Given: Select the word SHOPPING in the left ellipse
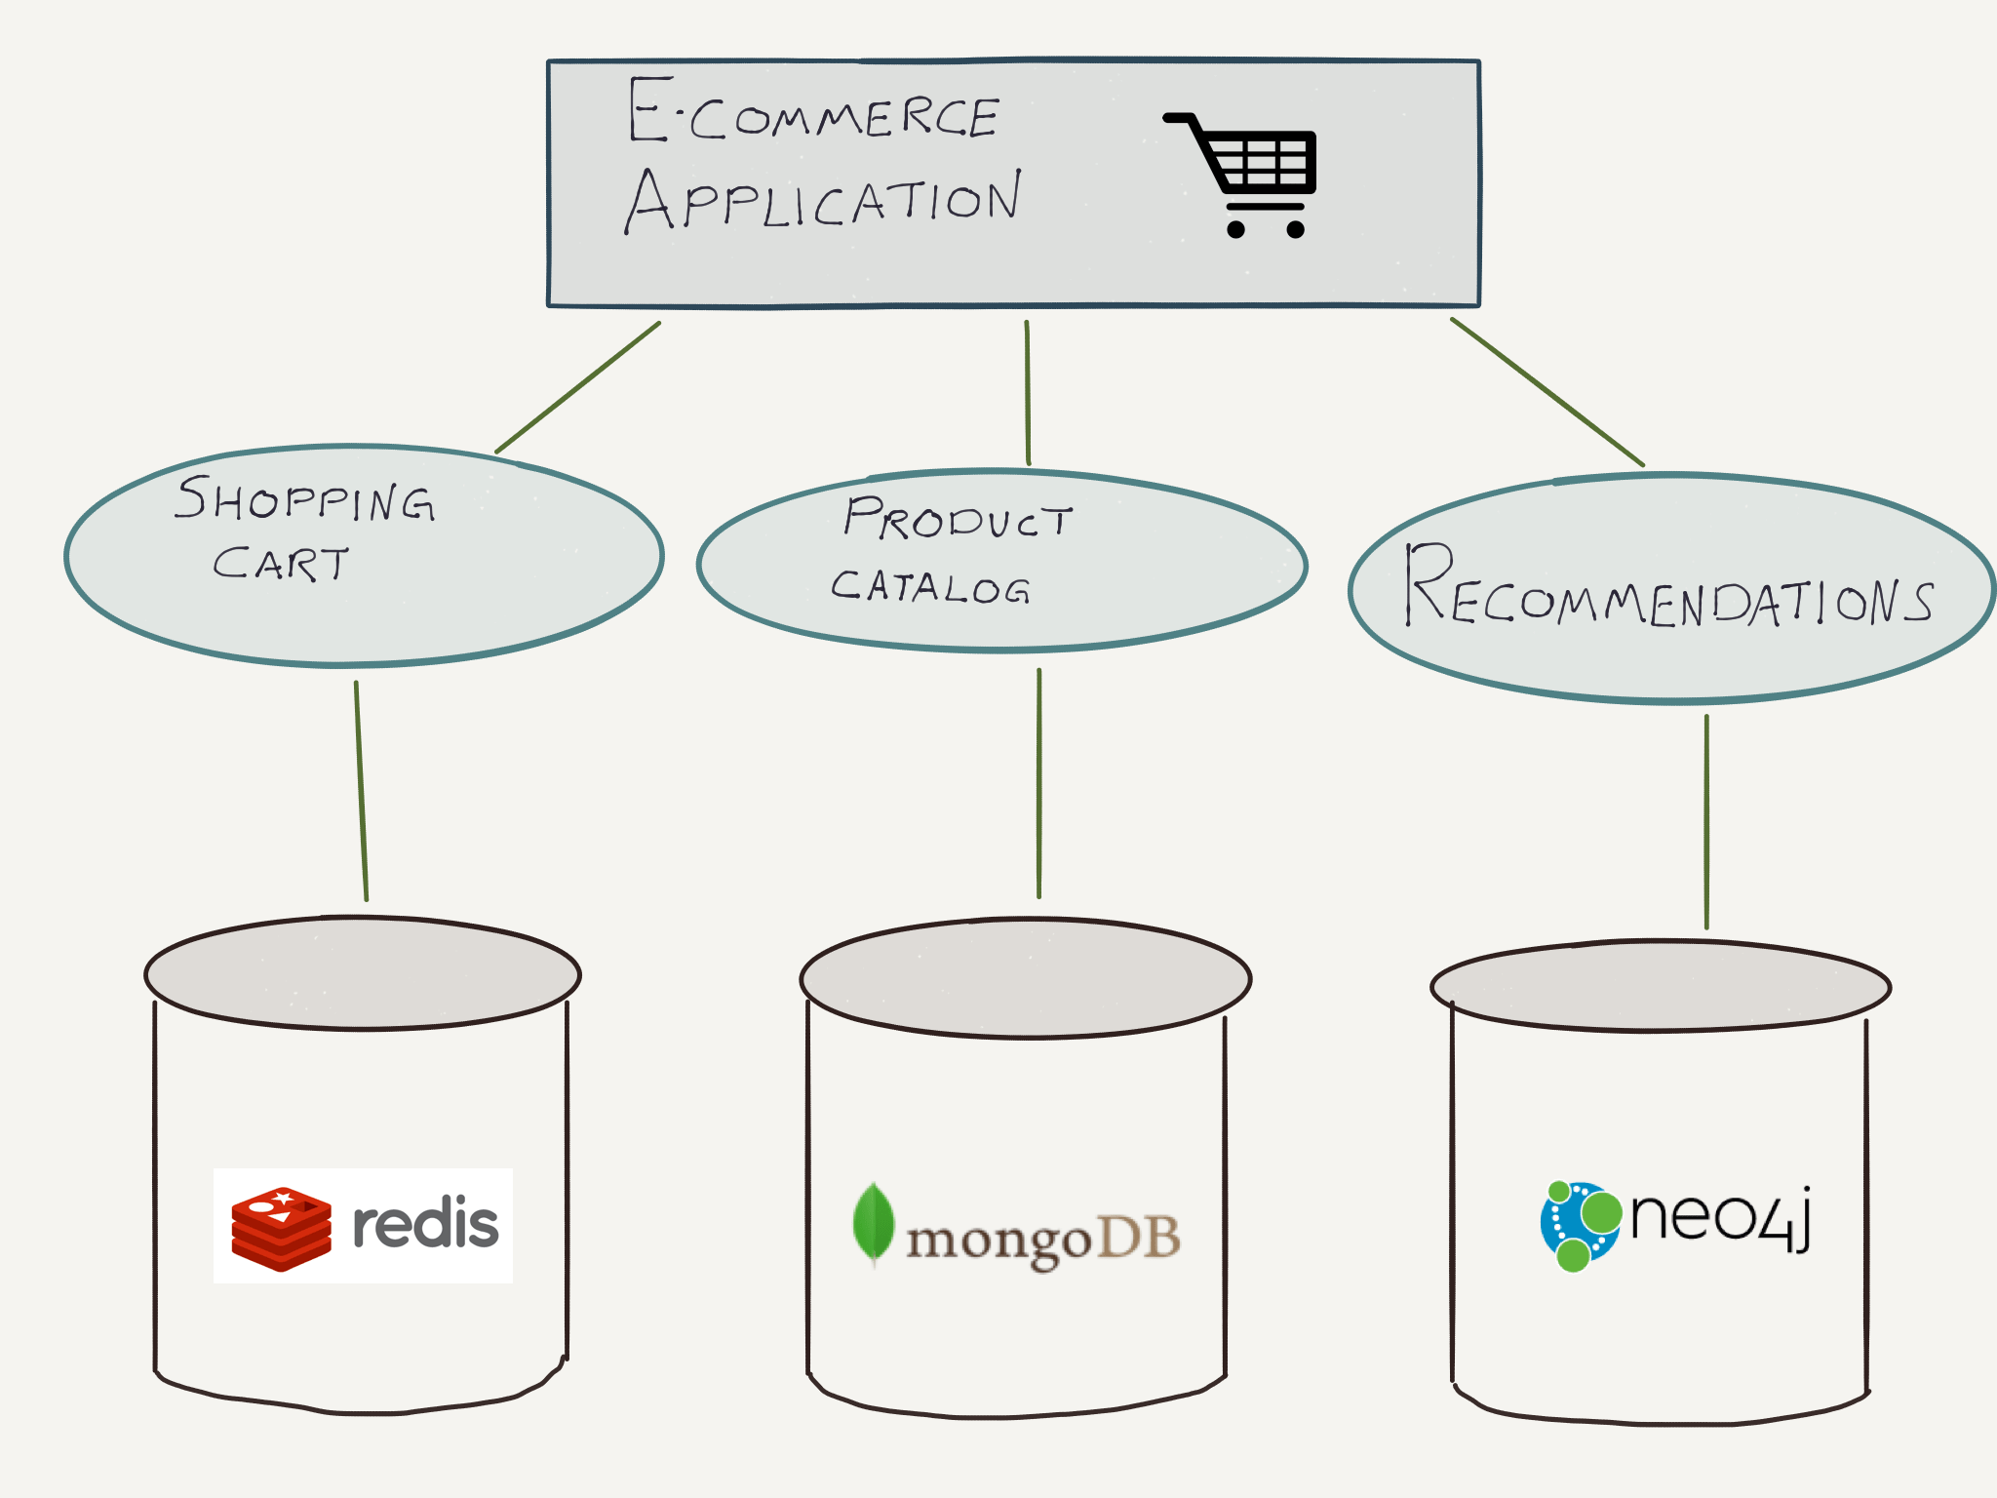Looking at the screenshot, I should [x=304, y=500].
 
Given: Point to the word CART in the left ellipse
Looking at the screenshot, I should [x=281, y=564].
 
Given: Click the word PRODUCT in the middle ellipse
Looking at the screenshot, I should [x=958, y=518].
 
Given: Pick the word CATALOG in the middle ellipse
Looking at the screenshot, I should [x=930, y=586].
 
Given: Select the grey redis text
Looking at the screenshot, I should [x=425, y=1225].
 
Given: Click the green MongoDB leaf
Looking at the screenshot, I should [x=874, y=1223].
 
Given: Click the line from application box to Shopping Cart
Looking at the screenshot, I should [x=578, y=387].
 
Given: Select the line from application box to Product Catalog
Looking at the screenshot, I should [x=1028, y=393].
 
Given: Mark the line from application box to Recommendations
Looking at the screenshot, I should [x=1547, y=392].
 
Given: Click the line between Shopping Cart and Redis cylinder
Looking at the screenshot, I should [x=361, y=790].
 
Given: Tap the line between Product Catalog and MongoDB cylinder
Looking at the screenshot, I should [x=1038, y=783].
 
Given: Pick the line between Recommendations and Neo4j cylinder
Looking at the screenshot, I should [x=1706, y=822].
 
